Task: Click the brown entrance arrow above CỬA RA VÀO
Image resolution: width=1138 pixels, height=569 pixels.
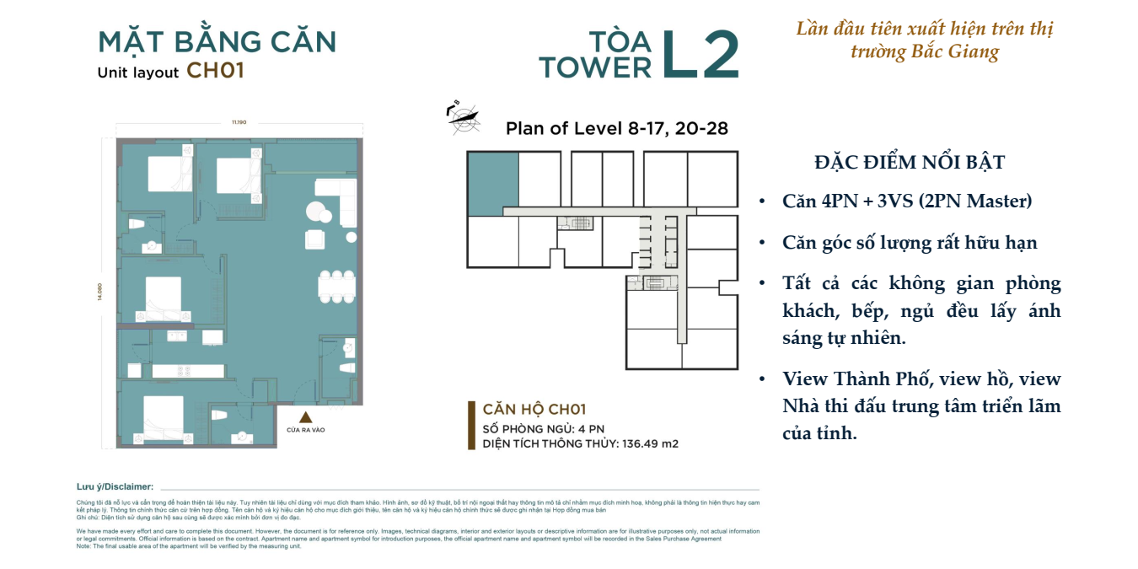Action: pos(306,416)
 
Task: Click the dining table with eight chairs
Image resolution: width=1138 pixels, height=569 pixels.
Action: pos(336,286)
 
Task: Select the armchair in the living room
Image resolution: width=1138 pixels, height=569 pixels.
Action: pos(315,239)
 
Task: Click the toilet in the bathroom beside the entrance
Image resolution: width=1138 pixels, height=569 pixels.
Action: pos(346,368)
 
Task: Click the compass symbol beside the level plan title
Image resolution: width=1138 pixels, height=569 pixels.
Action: pos(462,119)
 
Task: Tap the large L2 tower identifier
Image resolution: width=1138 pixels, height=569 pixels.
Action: pos(700,56)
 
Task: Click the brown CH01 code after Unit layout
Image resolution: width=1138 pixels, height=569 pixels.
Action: pos(215,71)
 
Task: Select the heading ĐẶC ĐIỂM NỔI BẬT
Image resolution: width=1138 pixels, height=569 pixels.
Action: pos(910,163)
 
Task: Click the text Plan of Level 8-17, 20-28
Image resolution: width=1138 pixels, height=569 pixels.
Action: pos(616,129)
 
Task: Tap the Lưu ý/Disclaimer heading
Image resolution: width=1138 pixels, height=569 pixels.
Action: pos(115,486)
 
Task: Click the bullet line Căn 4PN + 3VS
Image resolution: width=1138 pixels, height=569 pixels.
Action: pos(907,201)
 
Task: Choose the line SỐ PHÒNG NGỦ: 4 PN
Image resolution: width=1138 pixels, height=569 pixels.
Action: pos(543,428)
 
